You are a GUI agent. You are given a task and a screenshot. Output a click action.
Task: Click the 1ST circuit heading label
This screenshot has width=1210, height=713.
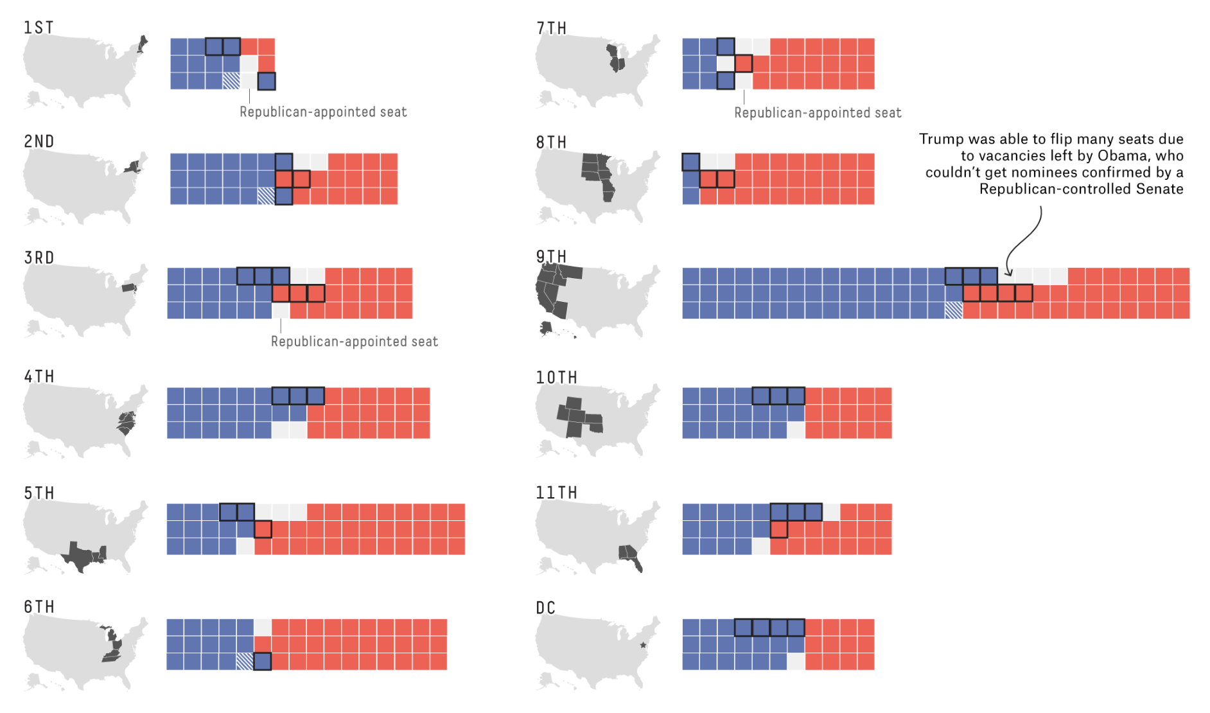coord(39,28)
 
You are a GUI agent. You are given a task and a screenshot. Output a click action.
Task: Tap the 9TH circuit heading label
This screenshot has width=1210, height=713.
coord(551,257)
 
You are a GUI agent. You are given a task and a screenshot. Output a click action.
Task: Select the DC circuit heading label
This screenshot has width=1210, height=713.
coord(545,608)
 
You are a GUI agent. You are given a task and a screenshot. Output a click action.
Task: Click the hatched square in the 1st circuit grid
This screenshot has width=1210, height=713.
coord(231,81)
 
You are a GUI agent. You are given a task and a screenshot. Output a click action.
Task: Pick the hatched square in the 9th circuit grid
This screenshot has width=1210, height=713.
coord(954,310)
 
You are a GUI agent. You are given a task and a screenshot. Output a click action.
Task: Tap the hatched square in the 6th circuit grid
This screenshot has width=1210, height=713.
coord(245,661)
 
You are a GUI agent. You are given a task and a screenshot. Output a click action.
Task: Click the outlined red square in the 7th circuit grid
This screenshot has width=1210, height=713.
coord(744,64)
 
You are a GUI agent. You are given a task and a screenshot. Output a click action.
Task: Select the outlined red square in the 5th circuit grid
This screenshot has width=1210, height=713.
coord(263,529)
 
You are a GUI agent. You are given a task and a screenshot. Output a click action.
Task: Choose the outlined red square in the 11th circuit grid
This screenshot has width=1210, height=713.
coord(778,529)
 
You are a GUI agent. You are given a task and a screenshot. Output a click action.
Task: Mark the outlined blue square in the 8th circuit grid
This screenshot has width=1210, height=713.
coord(691,162)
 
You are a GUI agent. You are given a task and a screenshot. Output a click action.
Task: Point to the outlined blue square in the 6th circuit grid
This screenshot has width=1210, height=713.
coord(262,661)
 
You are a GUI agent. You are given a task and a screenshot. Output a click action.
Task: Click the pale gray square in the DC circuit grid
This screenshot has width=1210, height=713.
coord(796,661)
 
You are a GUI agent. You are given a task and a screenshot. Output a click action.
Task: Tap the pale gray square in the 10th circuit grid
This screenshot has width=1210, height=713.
coord(796,430)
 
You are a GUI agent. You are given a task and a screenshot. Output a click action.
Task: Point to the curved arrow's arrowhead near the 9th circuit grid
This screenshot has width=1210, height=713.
coord(1008,273)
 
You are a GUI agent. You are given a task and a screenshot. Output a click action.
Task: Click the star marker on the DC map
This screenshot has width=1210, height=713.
coord(643,645)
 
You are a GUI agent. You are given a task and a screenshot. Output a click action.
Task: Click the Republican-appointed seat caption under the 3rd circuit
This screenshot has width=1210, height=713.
coord(354,342)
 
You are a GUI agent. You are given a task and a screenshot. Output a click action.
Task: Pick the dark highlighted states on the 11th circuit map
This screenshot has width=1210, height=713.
coord(630,555)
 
